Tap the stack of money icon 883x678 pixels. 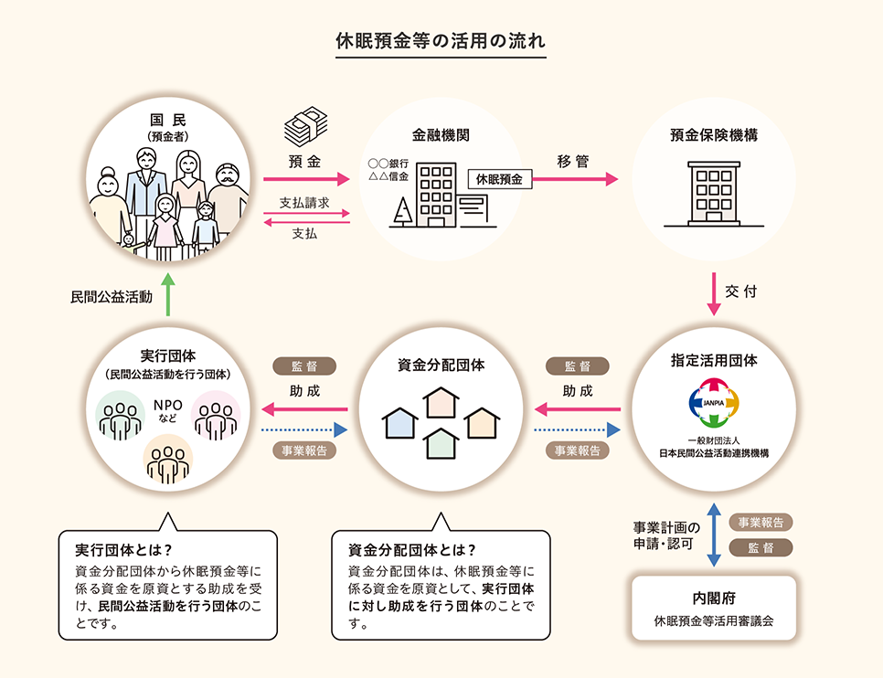coord(305,130)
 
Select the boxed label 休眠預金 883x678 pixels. coord(499,180)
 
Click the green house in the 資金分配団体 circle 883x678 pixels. coord(441,442)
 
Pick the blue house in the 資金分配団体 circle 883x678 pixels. coord(399,422)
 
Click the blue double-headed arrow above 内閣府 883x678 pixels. coord(714,535)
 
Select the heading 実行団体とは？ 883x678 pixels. coord(123,551)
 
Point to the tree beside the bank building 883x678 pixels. coord(400,211)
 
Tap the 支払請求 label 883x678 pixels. coord(304,202)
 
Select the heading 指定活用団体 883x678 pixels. coord(714,360)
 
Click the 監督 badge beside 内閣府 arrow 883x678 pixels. coord(761,547)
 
